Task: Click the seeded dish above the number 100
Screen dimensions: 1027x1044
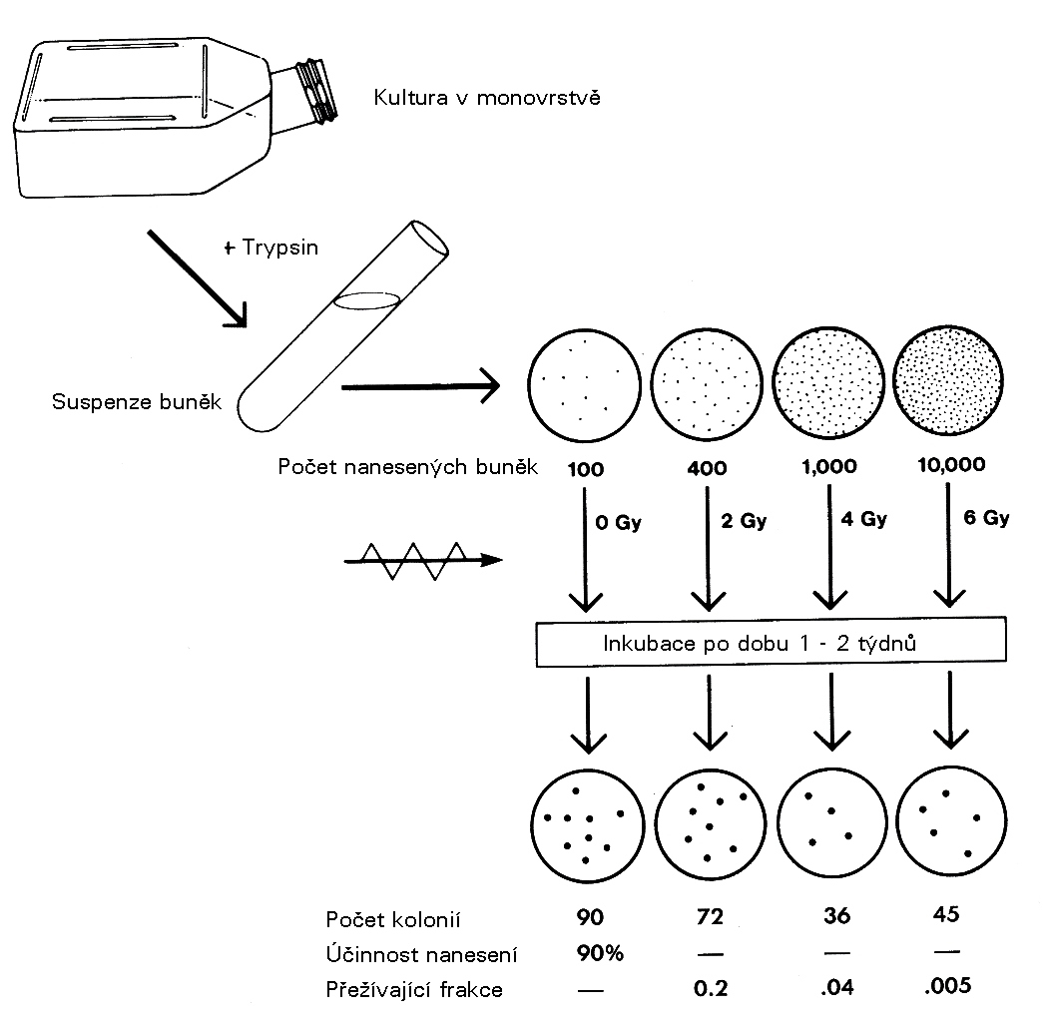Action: pyautogui.click(x=584, y=383)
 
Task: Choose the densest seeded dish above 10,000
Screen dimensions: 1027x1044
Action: pyautogui.click(x=943, y=383)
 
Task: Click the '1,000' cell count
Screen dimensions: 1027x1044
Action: pyautogui.click(x=826, y=467)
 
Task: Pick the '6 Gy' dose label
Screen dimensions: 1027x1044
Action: pyautogui.click(x=988, y=518)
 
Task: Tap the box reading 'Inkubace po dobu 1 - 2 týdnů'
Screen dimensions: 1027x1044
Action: pyautogui.click(x=761, y=644)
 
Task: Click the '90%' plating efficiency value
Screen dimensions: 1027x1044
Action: pyautogui.click(x=599, y=953)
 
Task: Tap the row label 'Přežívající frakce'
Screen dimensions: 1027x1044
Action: pyautogui.click(x=414, y=990)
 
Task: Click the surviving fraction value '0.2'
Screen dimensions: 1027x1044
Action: pyautogui.click(x=710, y=989)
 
